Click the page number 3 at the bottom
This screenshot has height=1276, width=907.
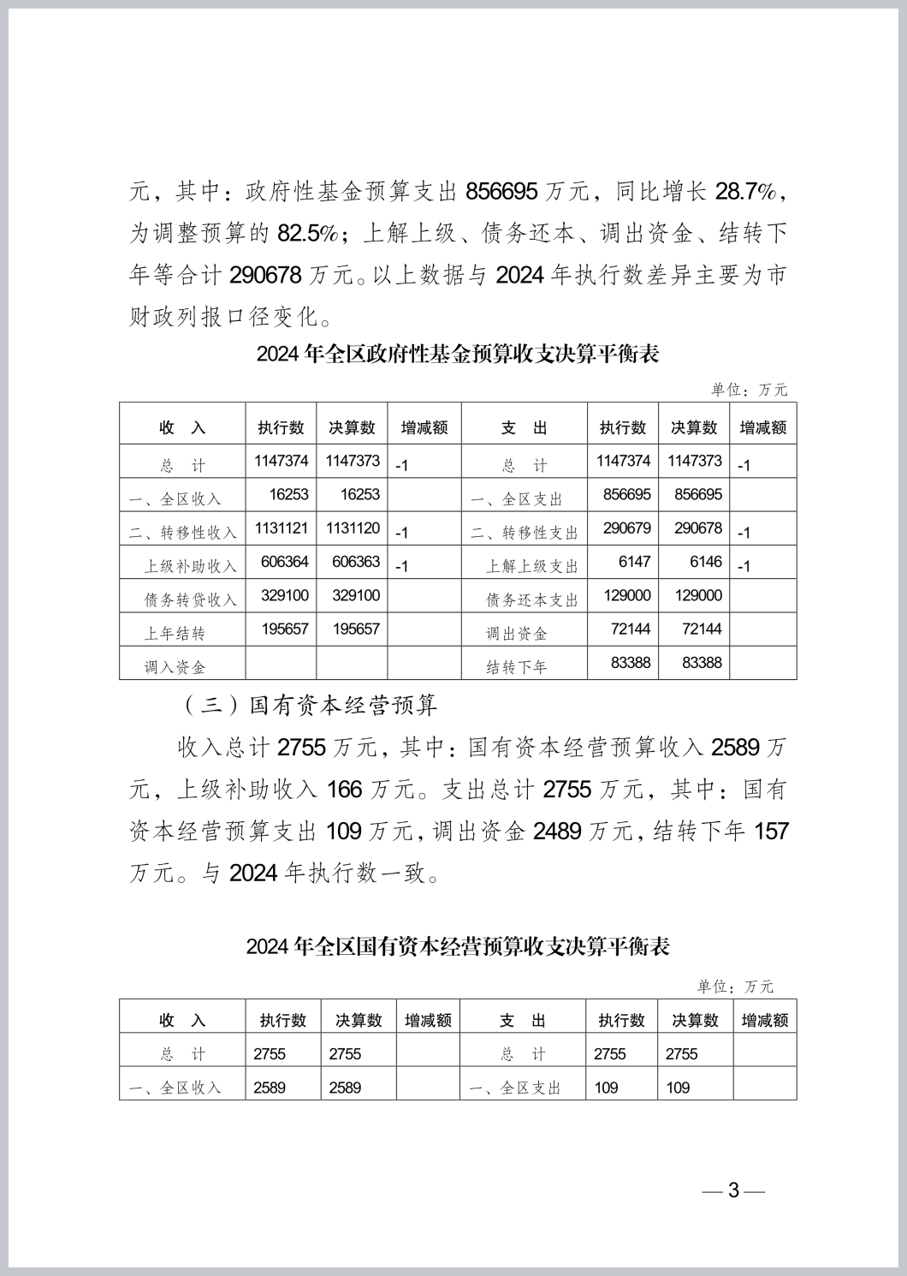coord(733,1190)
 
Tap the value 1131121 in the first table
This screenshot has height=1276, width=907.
coord(282,528)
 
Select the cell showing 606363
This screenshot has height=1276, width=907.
coord(353,562)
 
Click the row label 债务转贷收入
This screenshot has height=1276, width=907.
coord(190,599)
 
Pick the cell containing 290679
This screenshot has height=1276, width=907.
coord(626,528)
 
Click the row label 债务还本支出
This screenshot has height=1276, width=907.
coord(532,599)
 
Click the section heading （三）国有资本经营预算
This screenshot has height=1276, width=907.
coord(310,705)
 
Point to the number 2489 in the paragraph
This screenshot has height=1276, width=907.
coord(557,831)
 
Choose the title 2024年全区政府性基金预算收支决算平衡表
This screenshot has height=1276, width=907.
coord(458,354)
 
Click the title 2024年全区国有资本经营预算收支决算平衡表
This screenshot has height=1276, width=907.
coord(458,946)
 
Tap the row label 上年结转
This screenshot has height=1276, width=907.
coord(175,633)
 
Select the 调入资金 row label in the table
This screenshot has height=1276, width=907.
coord(175,666)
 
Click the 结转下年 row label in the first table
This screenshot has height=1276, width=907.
coord(517,666)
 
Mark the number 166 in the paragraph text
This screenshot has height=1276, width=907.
coord(344,789)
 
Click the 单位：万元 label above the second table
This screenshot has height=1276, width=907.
coord(735,987)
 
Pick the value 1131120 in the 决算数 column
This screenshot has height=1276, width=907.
coord(353,528)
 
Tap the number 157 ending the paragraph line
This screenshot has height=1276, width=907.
coord(771,831)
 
